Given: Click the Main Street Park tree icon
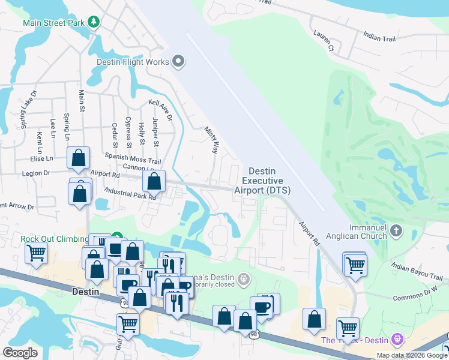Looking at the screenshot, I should [x=93, y=23].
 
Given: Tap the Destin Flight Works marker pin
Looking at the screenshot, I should [x=178, y=61].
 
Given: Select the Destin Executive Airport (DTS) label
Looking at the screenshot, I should [x=262, y=181].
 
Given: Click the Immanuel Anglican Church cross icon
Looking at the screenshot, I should [x=396, y=230].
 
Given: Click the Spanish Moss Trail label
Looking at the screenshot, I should [x=137, y=161].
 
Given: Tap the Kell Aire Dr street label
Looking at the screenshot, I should [x=160, y=110].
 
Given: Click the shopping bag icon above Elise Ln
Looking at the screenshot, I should [x=79, y=158].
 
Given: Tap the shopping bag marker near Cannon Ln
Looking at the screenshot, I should [x=154, y=181].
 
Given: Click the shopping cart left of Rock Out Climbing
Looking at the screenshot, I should [x=37, y=253].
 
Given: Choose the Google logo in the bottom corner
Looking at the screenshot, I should [x=20, y=353].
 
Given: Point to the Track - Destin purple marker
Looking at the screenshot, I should [x=396, y=340].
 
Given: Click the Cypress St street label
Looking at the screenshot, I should [x=128, y=132].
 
